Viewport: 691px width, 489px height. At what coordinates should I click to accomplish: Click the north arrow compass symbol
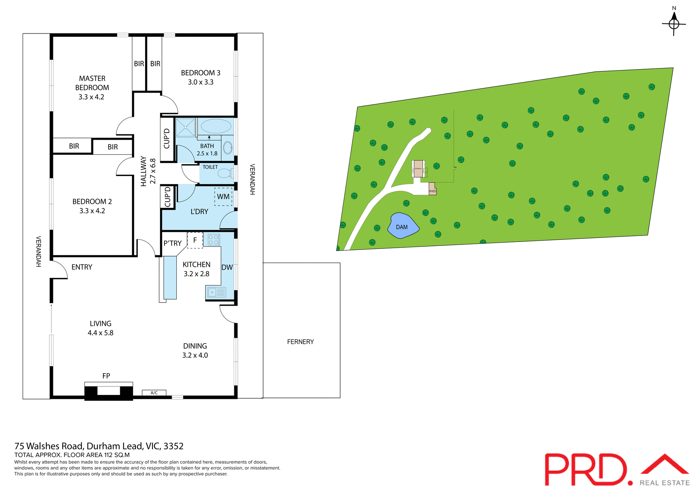(x=674, y=24)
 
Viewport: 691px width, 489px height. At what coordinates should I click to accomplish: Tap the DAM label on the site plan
(x=402, y=227)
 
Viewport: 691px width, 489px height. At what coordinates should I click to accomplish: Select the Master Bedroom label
(x=92, y=83)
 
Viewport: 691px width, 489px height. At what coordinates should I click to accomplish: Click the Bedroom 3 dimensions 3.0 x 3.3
(x=200, y=82)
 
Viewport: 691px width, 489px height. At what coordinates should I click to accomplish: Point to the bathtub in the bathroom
(x=216, y=126)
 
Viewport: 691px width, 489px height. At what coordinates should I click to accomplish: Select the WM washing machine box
(x=223, y=197)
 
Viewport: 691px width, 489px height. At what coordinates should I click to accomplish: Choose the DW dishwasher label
(x=227, y=267)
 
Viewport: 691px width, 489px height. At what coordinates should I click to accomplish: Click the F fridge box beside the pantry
(x=195, y=240)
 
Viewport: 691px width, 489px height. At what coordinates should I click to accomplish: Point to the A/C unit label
(x=154, y=393)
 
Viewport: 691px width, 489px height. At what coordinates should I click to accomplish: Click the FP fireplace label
(x=106, y=376)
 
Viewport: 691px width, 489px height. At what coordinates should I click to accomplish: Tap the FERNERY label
(x=301, y=342)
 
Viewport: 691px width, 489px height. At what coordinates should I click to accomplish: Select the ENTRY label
(x=82, y=267)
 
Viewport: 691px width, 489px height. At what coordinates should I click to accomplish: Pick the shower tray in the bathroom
(x=185, y=127)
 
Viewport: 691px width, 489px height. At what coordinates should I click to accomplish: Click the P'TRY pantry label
(x=172, y=243)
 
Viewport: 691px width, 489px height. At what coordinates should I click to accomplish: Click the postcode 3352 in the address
(x=173, y=446)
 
